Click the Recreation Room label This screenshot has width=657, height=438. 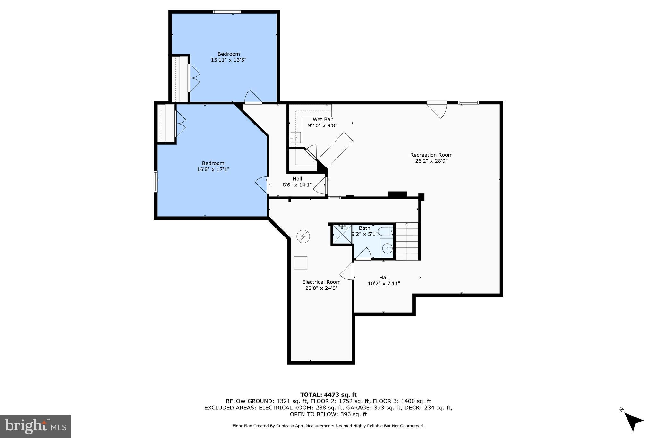pos(431,155)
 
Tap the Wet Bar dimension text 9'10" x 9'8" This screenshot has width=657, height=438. pos(322,126)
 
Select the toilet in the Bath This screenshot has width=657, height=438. pos(385,231)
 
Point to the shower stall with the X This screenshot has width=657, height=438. pos(342,235)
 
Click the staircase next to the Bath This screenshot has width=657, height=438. pos(407,241)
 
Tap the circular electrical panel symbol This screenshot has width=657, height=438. pos(303,236)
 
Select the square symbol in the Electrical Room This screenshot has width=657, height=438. pos(301,263)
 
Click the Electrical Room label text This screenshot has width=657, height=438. pos(321,282)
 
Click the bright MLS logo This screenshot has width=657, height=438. pos(36,426)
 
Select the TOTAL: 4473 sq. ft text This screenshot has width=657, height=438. pos(328,395)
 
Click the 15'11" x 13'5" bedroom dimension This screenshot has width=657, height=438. pos(228,60)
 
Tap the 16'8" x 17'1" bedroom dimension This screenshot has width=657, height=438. pos(213,169)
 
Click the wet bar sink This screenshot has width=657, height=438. pos(295,137)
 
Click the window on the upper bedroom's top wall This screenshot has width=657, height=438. pos(227,12)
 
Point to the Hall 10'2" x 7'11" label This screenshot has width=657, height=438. pos(384,280)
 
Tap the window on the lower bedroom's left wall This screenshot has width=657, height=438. pos(156,182)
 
